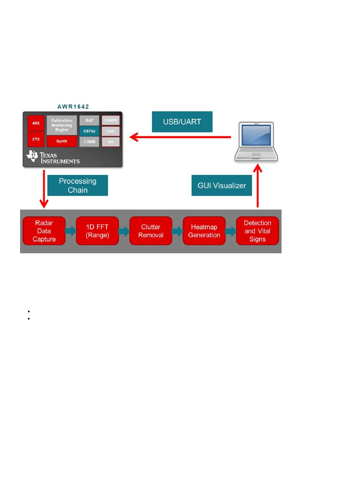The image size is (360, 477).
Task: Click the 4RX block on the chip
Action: point(36,123)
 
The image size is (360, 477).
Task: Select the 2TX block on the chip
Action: point(36,139)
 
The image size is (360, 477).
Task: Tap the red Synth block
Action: point(62,141)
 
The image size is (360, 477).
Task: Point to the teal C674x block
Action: point(89,131)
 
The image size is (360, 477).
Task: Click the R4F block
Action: point(89,120)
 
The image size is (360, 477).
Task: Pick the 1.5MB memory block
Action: point(89,142)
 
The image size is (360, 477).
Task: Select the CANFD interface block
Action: point(111,120)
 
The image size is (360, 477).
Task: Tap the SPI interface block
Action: point(111,142)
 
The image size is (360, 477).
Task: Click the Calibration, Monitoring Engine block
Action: point(62,125)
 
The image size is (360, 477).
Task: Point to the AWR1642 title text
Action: point(73,107)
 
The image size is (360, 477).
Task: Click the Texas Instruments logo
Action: point(53,157)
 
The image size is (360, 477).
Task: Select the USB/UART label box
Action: point(182,122)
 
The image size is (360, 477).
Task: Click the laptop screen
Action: point(256,135)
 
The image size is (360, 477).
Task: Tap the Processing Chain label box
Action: point(78,185)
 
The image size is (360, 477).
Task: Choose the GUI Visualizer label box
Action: point(222,185)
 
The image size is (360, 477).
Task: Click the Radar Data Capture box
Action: point(44,231)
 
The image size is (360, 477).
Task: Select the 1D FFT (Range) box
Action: point(97,231)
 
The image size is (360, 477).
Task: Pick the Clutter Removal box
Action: point(151,231)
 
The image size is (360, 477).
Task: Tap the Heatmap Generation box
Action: point(204,231)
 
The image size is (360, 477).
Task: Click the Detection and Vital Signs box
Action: point(258,231)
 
